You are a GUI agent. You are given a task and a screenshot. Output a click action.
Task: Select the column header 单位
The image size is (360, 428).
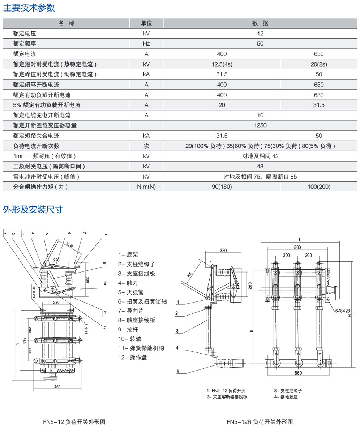(146, 23)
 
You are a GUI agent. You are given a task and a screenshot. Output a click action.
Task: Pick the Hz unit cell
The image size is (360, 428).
(146, 44)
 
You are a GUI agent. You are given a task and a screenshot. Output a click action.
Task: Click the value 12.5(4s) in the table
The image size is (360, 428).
(222, 64)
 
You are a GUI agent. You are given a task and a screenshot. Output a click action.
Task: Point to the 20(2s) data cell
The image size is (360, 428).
(319, 64)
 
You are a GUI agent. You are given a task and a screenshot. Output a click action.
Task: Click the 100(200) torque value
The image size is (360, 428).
(319, 187)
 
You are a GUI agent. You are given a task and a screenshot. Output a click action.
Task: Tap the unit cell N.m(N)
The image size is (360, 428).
(146, 187)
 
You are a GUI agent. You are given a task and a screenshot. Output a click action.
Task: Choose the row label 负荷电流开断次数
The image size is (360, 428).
(36, 146)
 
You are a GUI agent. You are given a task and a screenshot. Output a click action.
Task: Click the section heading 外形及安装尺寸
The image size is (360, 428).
(33, 209)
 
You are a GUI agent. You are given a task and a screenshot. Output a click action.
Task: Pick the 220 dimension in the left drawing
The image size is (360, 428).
(56, 260)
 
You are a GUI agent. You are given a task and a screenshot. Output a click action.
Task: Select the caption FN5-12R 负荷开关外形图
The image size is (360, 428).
(260, 422)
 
